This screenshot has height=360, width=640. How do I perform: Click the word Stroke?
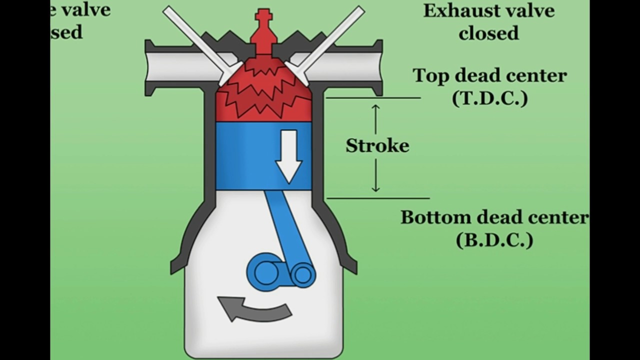tap(377, 145)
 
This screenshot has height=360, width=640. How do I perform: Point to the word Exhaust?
tap(456, 10)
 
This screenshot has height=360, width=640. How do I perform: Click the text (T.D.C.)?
tap(489, 98)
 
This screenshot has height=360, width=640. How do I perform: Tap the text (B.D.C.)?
tap(494, 240)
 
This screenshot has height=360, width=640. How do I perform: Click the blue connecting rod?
tap(287, 225)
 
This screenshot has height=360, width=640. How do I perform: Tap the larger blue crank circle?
tap(265, 272)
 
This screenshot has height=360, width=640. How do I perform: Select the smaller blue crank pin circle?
tap(302, 274)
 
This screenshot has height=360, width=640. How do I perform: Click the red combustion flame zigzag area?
tap(263, 95)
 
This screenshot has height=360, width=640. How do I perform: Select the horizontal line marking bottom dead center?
tap(377, 198)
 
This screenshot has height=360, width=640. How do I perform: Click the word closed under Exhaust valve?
tap(489, 33)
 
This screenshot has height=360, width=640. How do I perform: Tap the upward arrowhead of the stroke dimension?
tap(376, 107)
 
